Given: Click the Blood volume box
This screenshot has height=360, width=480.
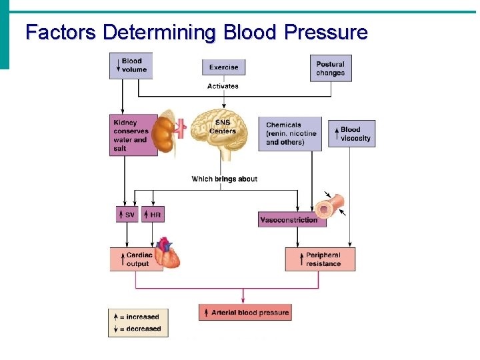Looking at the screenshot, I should click(x=131, y=65).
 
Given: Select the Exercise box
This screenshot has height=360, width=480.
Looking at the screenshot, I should click(x=223, y=67).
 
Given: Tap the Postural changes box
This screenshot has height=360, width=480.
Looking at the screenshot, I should click(x=331, y=68).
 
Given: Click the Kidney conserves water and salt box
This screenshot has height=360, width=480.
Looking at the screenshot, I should click(x=133, y=135).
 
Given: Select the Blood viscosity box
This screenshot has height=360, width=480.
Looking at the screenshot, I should click(x=356, y=134).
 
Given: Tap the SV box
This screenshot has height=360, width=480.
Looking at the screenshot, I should click(x=127, y=215).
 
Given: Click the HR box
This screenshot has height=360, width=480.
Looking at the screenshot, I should click(x=153, y=215).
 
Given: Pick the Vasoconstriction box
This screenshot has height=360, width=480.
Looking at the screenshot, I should click(x=292, y=219).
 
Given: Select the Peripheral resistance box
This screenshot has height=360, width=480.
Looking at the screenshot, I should click(x=320, y=259).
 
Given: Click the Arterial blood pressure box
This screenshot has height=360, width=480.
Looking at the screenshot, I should click(x=245, y=312).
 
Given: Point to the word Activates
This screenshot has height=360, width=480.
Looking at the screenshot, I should click(x=223, y=86).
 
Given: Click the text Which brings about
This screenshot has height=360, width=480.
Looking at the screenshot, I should click(x=224, y=179).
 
